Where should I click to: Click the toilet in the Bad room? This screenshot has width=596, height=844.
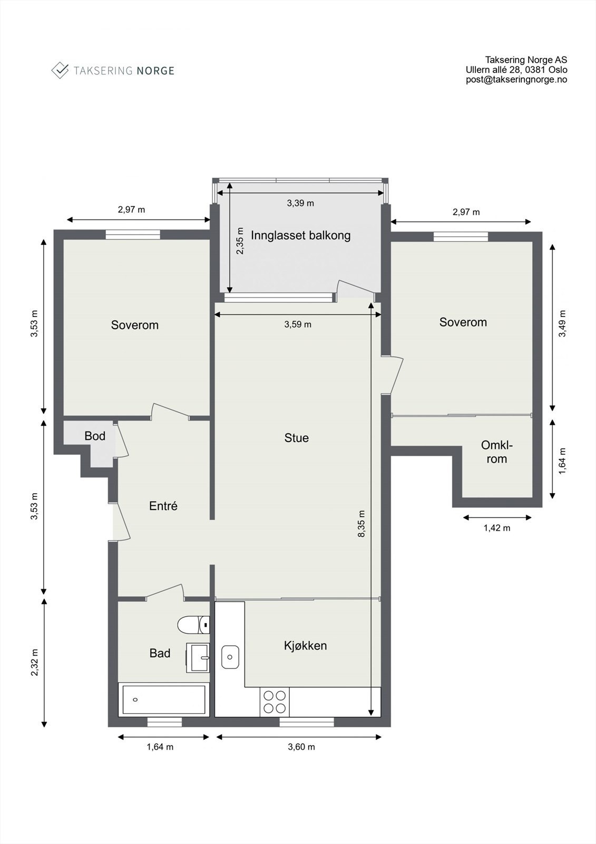pos(193,625)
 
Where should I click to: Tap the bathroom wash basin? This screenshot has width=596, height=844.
pos(198,658)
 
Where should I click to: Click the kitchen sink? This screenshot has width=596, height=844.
pos(230,657)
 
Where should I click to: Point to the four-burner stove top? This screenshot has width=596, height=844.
pos(275,702)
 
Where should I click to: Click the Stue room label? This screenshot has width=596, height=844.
pos(296,438)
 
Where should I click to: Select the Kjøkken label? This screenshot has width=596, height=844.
pos(305,646)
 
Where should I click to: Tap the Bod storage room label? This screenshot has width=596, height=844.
pos(94,436)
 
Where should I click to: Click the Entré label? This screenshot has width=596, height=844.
pos(163,506)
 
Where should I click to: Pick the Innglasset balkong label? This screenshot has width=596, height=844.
pos(300,235)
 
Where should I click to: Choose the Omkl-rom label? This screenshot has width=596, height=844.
pos(496,452)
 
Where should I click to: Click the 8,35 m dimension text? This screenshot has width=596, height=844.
pos(361,524)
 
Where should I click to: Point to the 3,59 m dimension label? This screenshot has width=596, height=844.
pos(298,324)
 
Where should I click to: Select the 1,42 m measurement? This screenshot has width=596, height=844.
pos(497,528)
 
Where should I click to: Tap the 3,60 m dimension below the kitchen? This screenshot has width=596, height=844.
pos(301,747)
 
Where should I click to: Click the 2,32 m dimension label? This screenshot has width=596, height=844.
pos(35,662)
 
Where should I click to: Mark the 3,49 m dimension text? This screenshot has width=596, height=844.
pos(562,323)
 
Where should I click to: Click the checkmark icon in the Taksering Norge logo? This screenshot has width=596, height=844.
pos(60,70)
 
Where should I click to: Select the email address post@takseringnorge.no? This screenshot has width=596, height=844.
pos(516,80)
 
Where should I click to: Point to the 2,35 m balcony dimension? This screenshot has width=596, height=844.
pos(240,241)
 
